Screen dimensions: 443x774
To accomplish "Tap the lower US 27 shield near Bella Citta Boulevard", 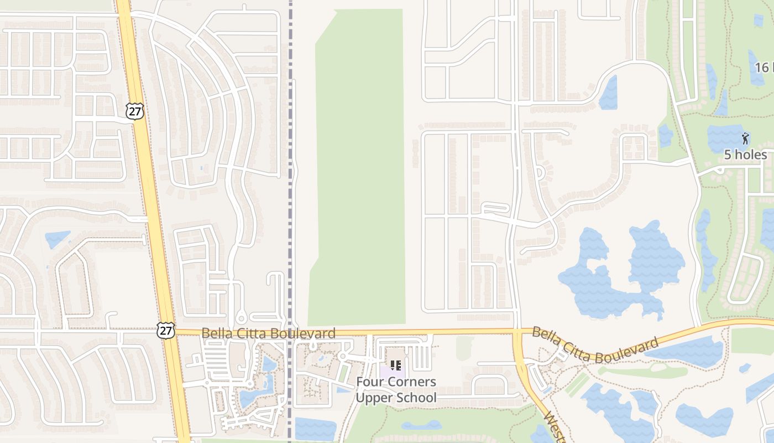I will [x=165, y=331].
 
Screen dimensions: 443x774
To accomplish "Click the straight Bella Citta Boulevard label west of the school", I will [x=268, y=333].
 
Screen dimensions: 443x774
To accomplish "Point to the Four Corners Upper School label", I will [x=396, y=390].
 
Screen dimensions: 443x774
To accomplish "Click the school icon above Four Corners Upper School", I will [x=396, y=365].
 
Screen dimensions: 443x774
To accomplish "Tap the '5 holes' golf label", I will [x=745, y=154].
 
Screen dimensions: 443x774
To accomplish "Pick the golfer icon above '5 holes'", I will [x=745, y=138].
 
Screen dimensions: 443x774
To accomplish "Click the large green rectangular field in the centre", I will [x=359, y=166].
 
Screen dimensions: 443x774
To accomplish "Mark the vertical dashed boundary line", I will [x=290, y=166].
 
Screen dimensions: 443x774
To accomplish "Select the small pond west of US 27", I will [x=57, y=239].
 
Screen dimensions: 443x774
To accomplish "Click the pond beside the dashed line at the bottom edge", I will [x=315, y=429].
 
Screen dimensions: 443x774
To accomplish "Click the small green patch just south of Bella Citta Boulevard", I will [x=464, y=348].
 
